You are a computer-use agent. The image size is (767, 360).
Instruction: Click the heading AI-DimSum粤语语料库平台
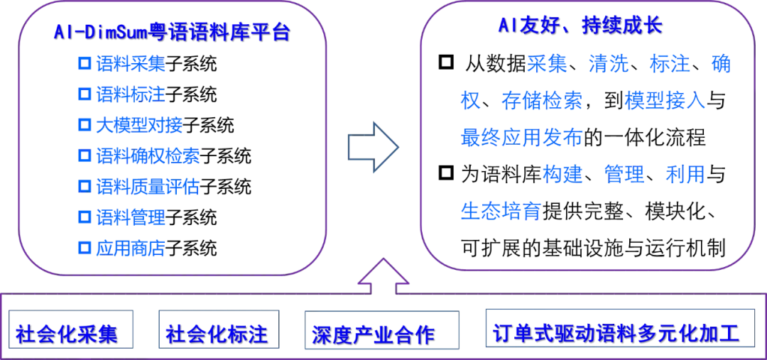pos(171,33)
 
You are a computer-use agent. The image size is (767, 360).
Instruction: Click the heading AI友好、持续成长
pos(580,26)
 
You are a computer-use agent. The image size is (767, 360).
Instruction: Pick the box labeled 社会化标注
pos(219,331)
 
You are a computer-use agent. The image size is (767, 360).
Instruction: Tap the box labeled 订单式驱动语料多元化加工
pos(616,331)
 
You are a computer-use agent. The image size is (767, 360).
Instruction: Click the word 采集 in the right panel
pos(547,64)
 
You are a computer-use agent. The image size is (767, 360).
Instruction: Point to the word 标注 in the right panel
pos(669,64)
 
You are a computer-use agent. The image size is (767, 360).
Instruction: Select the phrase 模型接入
pos(665,101)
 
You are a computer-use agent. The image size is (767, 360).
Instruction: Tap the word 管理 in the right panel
pos(624,175)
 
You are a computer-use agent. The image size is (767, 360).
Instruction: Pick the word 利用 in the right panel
pos(685,175)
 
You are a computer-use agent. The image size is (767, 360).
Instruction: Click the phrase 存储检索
pos(543,101)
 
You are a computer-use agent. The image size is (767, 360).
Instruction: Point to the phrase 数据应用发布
pos(522,136)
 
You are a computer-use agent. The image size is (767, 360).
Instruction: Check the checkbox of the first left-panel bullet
pos(85,64)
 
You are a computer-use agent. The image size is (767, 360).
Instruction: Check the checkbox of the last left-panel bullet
pos(85,247)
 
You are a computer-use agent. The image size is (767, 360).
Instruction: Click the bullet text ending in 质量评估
pos(147,187)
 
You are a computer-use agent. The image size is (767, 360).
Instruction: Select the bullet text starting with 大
pos(138,125)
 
